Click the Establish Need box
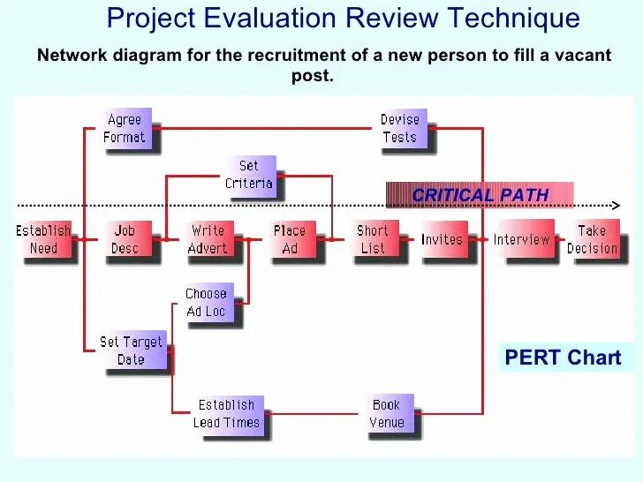coord(43,239)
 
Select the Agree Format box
coord(125,128)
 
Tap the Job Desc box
coord(125,239)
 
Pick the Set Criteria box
coord(249,175)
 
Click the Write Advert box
coord(208,239)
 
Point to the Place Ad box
coord(290,239)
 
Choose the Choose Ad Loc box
coord(206,303)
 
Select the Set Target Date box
coord(131,350)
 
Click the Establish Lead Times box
coord(226,413)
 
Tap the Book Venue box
coord(386,413)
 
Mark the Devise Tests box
coord(399,128)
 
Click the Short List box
coord(373,239)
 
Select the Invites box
coord(442,239)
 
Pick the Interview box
coord(521,239)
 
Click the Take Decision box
coord(592,239)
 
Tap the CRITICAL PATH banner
coord(480,195)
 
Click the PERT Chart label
coord(564,358)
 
